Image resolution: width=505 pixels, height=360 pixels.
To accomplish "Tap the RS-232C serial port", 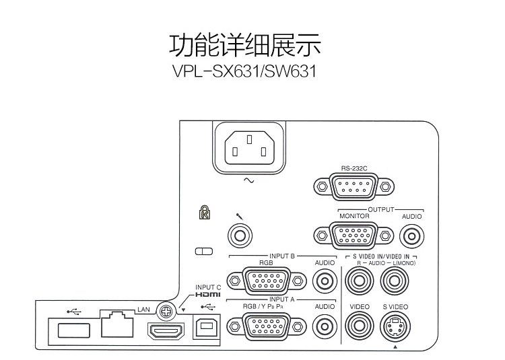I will tap(353, 186).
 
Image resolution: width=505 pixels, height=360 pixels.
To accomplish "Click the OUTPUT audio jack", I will tap(411, 236).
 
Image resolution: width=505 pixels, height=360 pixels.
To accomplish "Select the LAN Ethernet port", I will tap(115, 326).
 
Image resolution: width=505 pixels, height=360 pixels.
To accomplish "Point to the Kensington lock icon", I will tap(204, 213).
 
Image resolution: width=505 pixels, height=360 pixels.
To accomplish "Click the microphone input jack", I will tap(240, 236).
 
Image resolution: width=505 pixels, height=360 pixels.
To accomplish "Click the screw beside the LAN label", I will tap(164, 310).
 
